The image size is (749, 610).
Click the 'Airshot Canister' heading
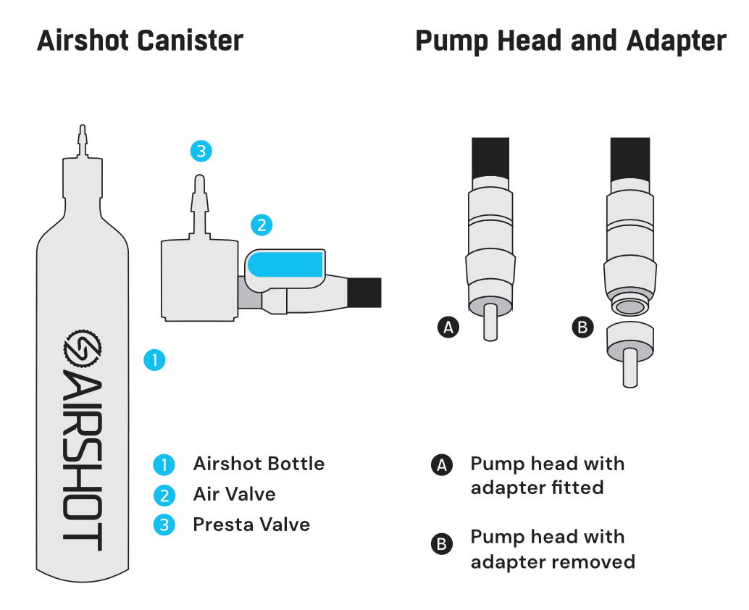(140, 41)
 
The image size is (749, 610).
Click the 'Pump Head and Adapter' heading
(570, 41)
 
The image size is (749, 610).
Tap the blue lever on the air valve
(285, 265)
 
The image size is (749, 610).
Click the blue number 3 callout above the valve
(201, 151)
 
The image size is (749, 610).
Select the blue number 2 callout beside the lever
(261, 225)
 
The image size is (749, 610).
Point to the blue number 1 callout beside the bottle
(154, 360)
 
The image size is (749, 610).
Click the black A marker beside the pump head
(448, 327)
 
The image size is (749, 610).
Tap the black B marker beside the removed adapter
(582, 327)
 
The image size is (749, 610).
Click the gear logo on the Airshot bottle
(82, 350)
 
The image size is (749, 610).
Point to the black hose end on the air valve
(364, 292)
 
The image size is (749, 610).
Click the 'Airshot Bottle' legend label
(259, 464)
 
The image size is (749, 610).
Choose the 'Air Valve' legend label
(234, 494)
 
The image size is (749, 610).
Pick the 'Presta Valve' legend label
(251, 525)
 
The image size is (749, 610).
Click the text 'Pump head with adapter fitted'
(547, 475)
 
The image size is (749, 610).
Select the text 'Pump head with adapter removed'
(552, 549)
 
